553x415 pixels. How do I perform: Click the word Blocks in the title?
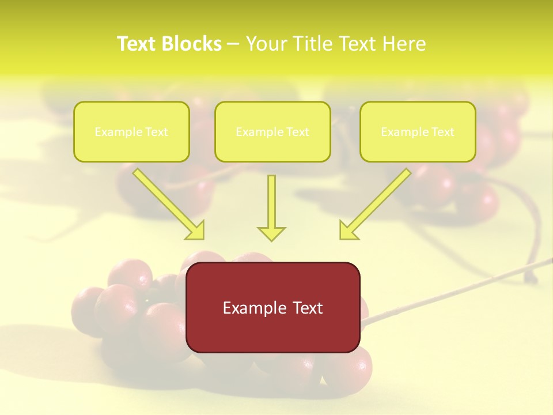click(x=193, y=44)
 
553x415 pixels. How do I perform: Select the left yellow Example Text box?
click(x=131, y=131)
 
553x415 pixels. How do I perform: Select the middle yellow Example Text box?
click(x=272, y=131)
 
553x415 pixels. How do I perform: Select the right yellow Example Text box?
click(x=418, y=131)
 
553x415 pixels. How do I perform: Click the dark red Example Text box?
click(x=272, y=307)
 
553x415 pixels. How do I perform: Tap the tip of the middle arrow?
click(x=271, y=239)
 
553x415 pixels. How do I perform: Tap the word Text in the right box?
click(x=442, y=131)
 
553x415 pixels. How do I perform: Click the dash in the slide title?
click(x=233, y=44)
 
